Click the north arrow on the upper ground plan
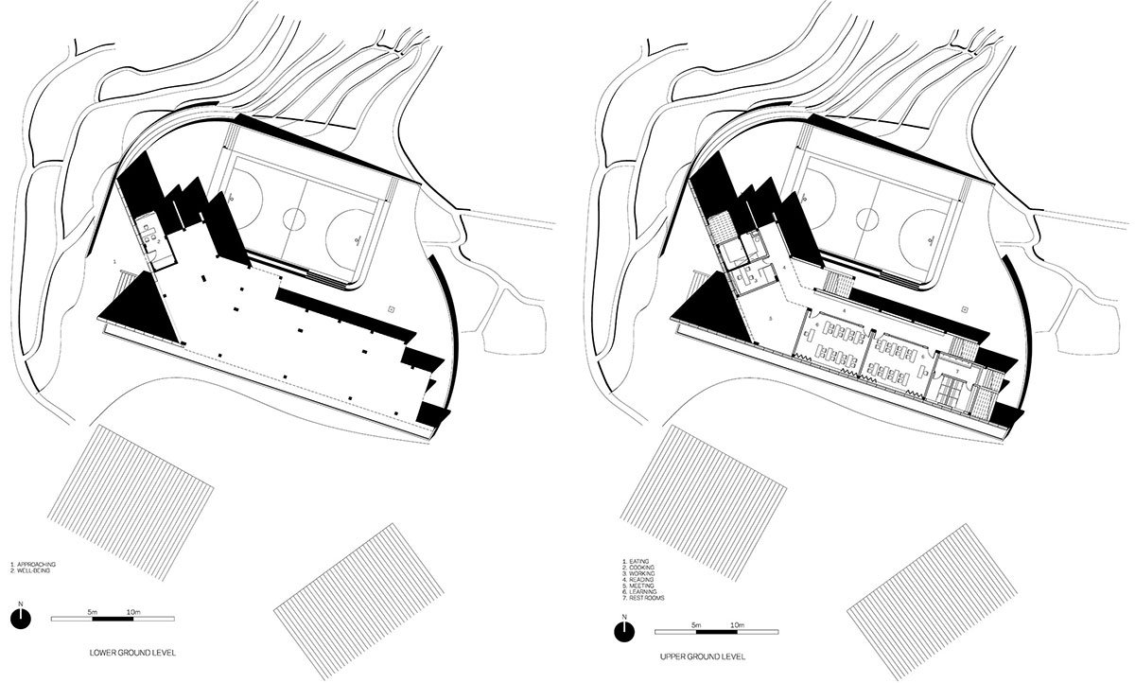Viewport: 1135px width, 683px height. coord(623,632)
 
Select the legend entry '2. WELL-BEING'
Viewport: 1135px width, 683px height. coord(33,570)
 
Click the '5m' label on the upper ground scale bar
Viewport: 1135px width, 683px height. coord(695,626)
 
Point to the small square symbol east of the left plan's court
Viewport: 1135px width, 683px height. coord(391,308)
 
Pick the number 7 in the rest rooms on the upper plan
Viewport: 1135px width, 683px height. coord(957,375)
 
